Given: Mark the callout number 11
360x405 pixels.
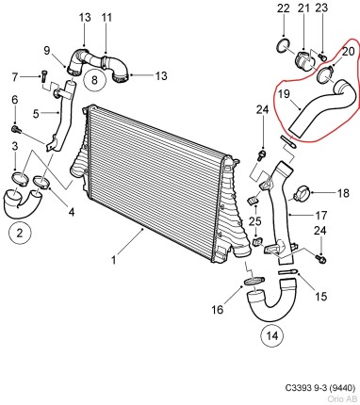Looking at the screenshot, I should pos(106,17).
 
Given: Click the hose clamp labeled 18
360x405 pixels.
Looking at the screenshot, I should pos(306,195).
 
